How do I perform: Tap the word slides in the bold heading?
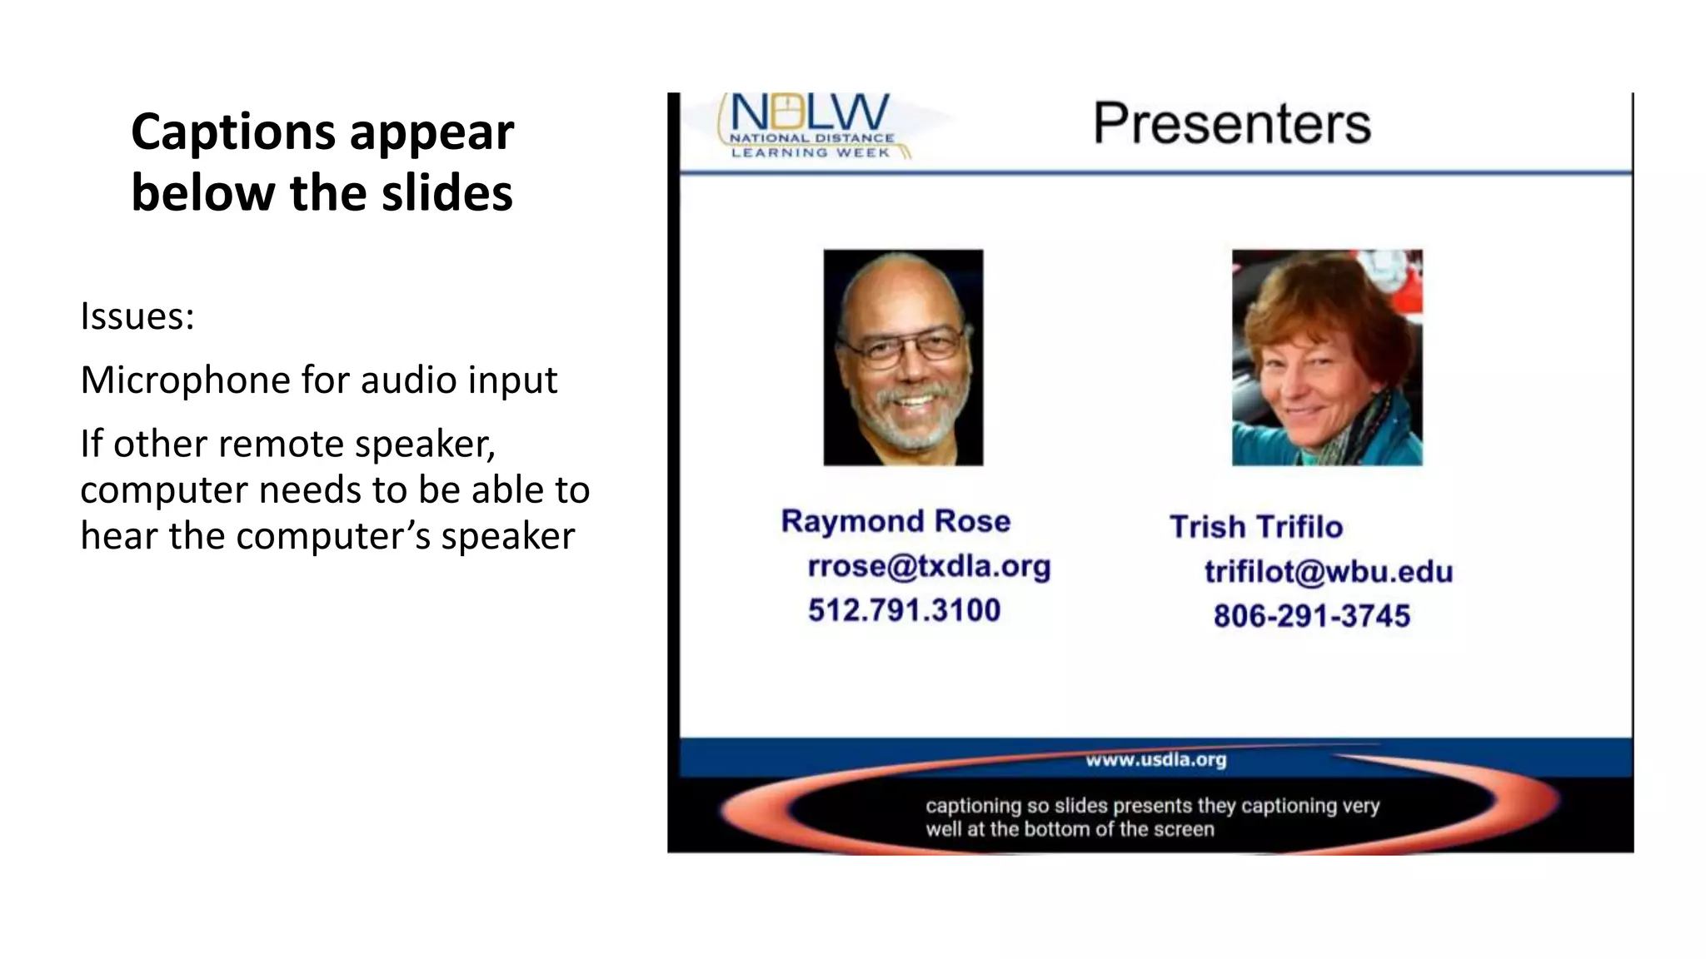click(446, 194)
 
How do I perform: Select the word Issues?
click(137, 317)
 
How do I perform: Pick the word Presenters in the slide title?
click(1231, 124)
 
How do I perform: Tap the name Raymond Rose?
click(895, 521)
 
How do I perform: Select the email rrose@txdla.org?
click(929, 566)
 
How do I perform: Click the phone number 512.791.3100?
click(904, 610)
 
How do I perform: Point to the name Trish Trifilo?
click(1256, 527)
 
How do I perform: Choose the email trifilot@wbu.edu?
click(1329, 572)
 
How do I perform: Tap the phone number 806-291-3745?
click(1311, 616)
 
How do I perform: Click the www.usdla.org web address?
click(1155, 760)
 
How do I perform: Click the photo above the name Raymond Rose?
click(903, 357)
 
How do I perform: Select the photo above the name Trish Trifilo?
click(1327, 357)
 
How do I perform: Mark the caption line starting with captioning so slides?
click(1152, 806)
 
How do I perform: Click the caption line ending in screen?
click(1070, 829)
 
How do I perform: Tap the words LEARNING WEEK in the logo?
click(811, 153)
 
